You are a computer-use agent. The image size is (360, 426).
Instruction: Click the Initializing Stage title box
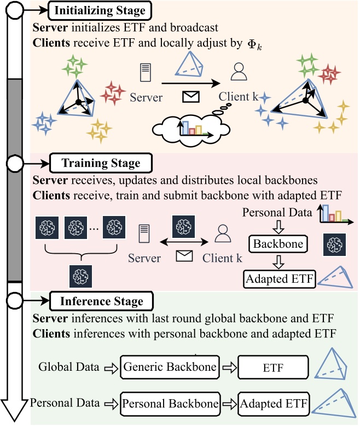[x=100, y=10]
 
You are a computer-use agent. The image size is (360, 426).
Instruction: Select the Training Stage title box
[x=101, y=163]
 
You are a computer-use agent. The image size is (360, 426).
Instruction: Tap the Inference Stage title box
[x=101, y=301]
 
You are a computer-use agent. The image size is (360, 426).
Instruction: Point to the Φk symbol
[x=255, y=45]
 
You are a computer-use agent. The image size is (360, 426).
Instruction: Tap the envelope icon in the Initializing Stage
[x=191, y=97]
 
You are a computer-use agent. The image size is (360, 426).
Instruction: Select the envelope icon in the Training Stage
[x=184, y=256]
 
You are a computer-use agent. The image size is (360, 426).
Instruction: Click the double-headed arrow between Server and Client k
[x=184, y=242]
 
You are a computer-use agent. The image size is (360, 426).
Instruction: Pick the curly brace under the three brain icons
[x=81, y=253]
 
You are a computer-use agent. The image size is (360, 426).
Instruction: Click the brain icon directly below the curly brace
[x=80, y=276]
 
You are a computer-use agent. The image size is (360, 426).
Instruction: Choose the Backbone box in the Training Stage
[x=278, y=244]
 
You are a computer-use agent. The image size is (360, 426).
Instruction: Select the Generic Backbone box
[x=170, y=367]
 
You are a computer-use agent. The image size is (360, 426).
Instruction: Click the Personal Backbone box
[x=170, y=404]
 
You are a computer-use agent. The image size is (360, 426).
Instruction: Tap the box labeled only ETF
[x=273, y=367]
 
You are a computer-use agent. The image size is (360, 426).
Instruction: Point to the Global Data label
[x=69, y=367]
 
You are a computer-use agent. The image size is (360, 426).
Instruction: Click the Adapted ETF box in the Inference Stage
[x=274, y=404]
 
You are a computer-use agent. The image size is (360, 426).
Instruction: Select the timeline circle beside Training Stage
[x=14, y=164]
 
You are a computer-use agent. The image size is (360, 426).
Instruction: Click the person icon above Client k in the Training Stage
[x=223, y=234]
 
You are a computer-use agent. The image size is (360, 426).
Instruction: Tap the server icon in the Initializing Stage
[x=145, y=73]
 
